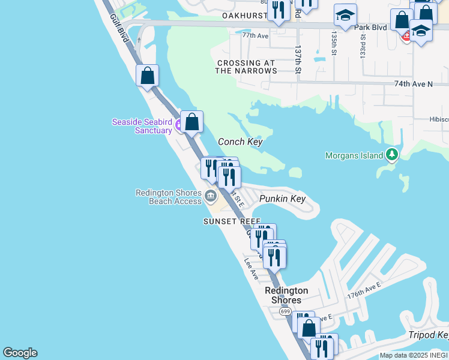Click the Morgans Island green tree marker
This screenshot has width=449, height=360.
[x=392, y=155]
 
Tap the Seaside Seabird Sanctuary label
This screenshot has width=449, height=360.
[x=142, y=126]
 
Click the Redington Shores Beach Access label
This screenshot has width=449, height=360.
[x=169, y=197]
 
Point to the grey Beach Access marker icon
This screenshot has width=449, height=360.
[x=210, y=196]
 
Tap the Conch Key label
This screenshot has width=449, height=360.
[x=240, y=142]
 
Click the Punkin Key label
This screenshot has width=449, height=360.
[x=282, y=199]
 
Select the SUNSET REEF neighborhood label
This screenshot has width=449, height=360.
[x=232, y=221]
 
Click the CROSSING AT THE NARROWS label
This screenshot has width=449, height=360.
[x=246, y=67]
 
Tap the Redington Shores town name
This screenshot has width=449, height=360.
[x=286, y=295]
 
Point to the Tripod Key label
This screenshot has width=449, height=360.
[x=429, y=335]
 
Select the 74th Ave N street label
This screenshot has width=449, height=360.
[x=414, y=84]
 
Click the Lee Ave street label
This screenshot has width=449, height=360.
[x=251, y=269]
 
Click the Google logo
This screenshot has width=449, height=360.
[x=20, y=353]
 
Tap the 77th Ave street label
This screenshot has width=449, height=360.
[x=255, y=35]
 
